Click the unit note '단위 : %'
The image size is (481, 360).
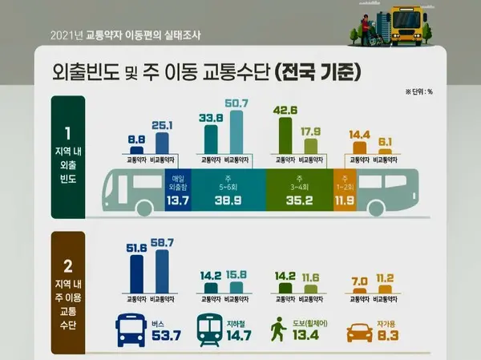418,91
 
